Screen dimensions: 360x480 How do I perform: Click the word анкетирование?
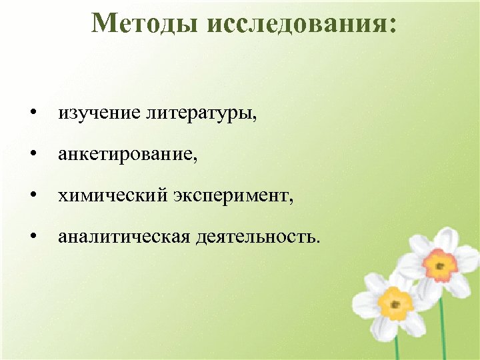pos(127,155)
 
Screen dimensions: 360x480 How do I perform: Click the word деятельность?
pos(255,236)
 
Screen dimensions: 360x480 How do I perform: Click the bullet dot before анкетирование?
pos(33,155)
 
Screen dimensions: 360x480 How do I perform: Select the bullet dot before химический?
pos(33,196)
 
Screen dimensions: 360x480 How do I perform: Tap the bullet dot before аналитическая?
pos(33,237)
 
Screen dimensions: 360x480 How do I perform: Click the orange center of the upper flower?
pos(439,265)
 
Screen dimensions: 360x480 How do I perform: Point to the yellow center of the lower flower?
pos(396,304)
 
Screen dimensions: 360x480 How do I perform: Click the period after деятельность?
pos(317,241)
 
